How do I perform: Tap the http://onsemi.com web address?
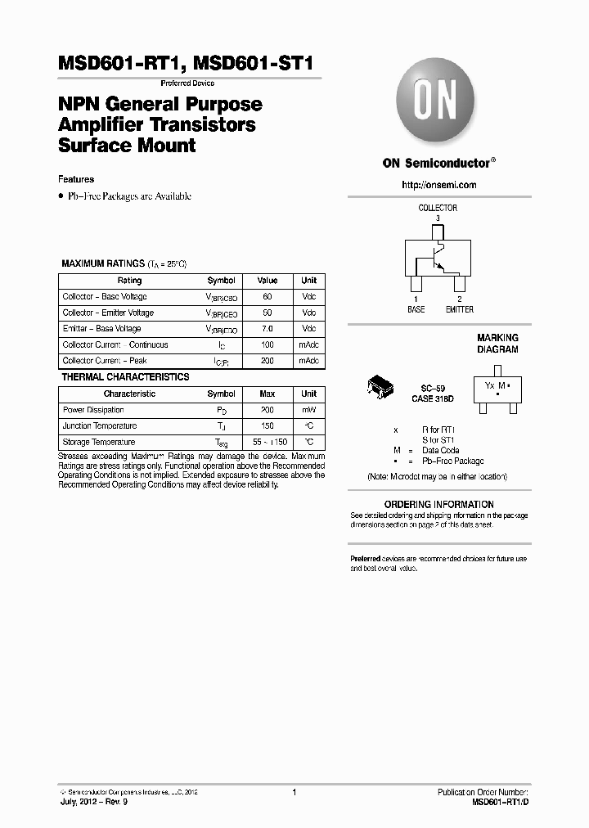(438, 185)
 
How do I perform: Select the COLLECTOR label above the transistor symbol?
(438, 208)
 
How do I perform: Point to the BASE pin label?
(416, 309)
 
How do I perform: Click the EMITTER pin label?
(459, 309)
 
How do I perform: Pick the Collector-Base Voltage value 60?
(268, 297)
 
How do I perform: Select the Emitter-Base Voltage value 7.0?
(268, 329)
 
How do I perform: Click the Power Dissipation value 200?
(268, 410)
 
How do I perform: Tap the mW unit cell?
(308, 410)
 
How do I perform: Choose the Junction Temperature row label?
(100, 426)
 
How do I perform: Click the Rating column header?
(129, 281)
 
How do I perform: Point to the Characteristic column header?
(129, 394)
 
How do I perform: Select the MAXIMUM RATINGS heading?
(103, 264)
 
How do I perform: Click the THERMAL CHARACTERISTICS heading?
(125, 377)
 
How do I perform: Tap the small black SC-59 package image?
(380, 388)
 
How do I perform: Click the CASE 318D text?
(433, 398)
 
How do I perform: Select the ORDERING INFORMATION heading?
(439, 504)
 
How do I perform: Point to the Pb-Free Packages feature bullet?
(128, 196)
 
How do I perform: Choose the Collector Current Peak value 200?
(268, 361)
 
